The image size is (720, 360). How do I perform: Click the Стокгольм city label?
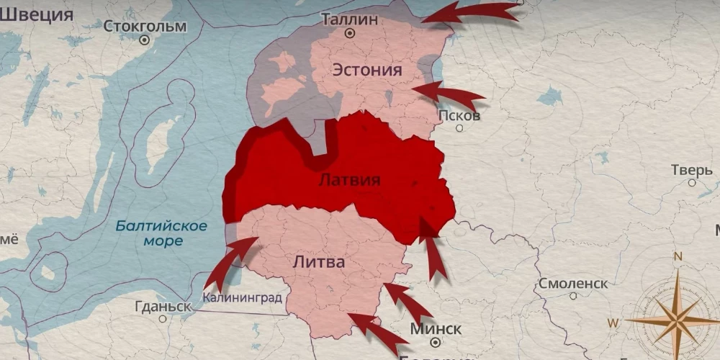coord(145,27)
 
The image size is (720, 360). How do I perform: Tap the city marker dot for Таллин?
coord(350,33)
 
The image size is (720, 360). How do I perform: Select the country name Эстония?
coord(366,70)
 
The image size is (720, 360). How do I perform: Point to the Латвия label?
coord(349,180)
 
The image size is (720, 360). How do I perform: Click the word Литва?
coord(319,263)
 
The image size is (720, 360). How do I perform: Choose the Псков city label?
coord(459,115)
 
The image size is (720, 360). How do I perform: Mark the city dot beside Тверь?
coord(692,183)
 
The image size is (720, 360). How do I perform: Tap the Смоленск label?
coord(573,284)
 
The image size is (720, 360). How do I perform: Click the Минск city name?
coord(436,329)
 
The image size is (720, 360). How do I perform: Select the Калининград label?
coord(242,297)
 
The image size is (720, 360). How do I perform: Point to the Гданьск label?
coord(163,306)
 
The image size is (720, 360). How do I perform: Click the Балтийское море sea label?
coord(162,233)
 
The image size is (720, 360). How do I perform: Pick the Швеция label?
coord(36,14)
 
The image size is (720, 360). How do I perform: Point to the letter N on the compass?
coord(677,256)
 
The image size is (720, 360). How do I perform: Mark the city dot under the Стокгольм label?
coord(144,40)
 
